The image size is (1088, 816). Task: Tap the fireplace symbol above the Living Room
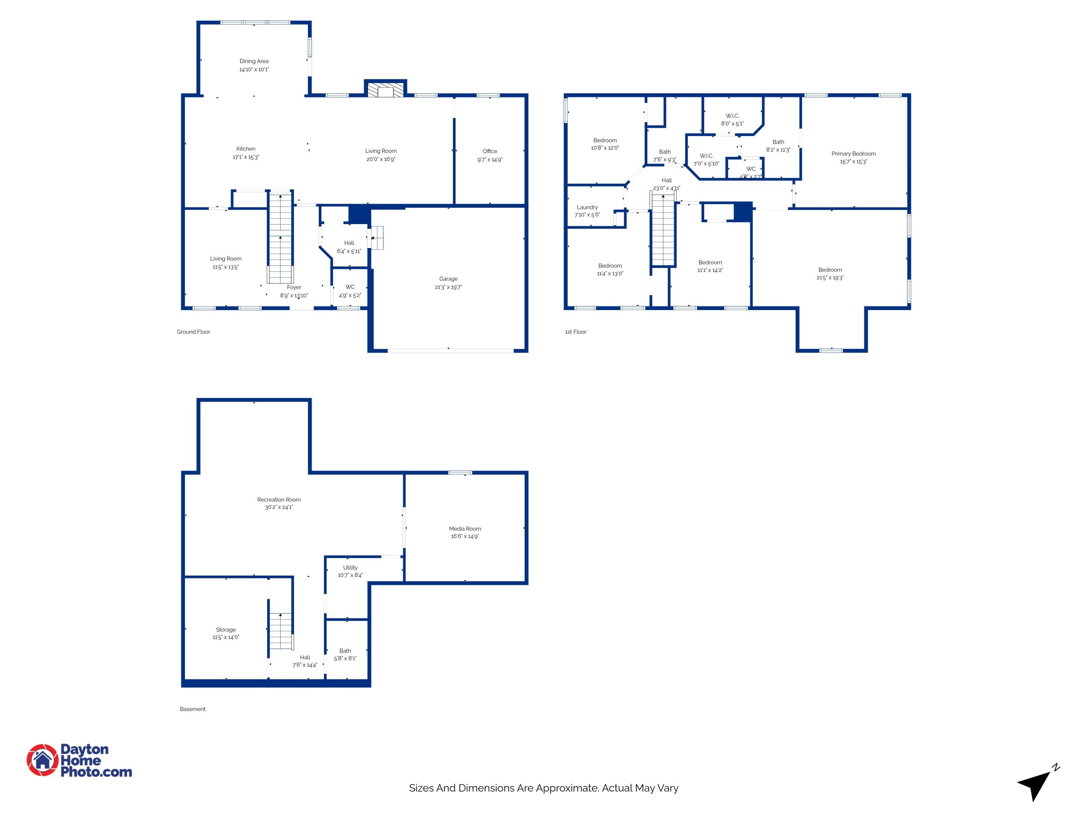385,90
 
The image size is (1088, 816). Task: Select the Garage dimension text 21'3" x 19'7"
448,287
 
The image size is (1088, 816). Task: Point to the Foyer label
294,287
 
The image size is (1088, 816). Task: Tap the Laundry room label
587,207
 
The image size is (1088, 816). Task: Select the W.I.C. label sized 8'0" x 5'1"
732,116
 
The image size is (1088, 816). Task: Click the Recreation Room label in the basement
279,500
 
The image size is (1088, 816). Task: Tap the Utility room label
350,568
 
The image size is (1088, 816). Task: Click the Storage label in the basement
226,630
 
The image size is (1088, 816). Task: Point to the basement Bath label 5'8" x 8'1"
345,651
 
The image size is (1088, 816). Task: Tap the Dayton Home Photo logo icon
43,760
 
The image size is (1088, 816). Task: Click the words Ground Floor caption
193,332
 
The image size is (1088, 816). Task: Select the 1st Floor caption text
576,332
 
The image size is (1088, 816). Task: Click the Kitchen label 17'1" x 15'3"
246,149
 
